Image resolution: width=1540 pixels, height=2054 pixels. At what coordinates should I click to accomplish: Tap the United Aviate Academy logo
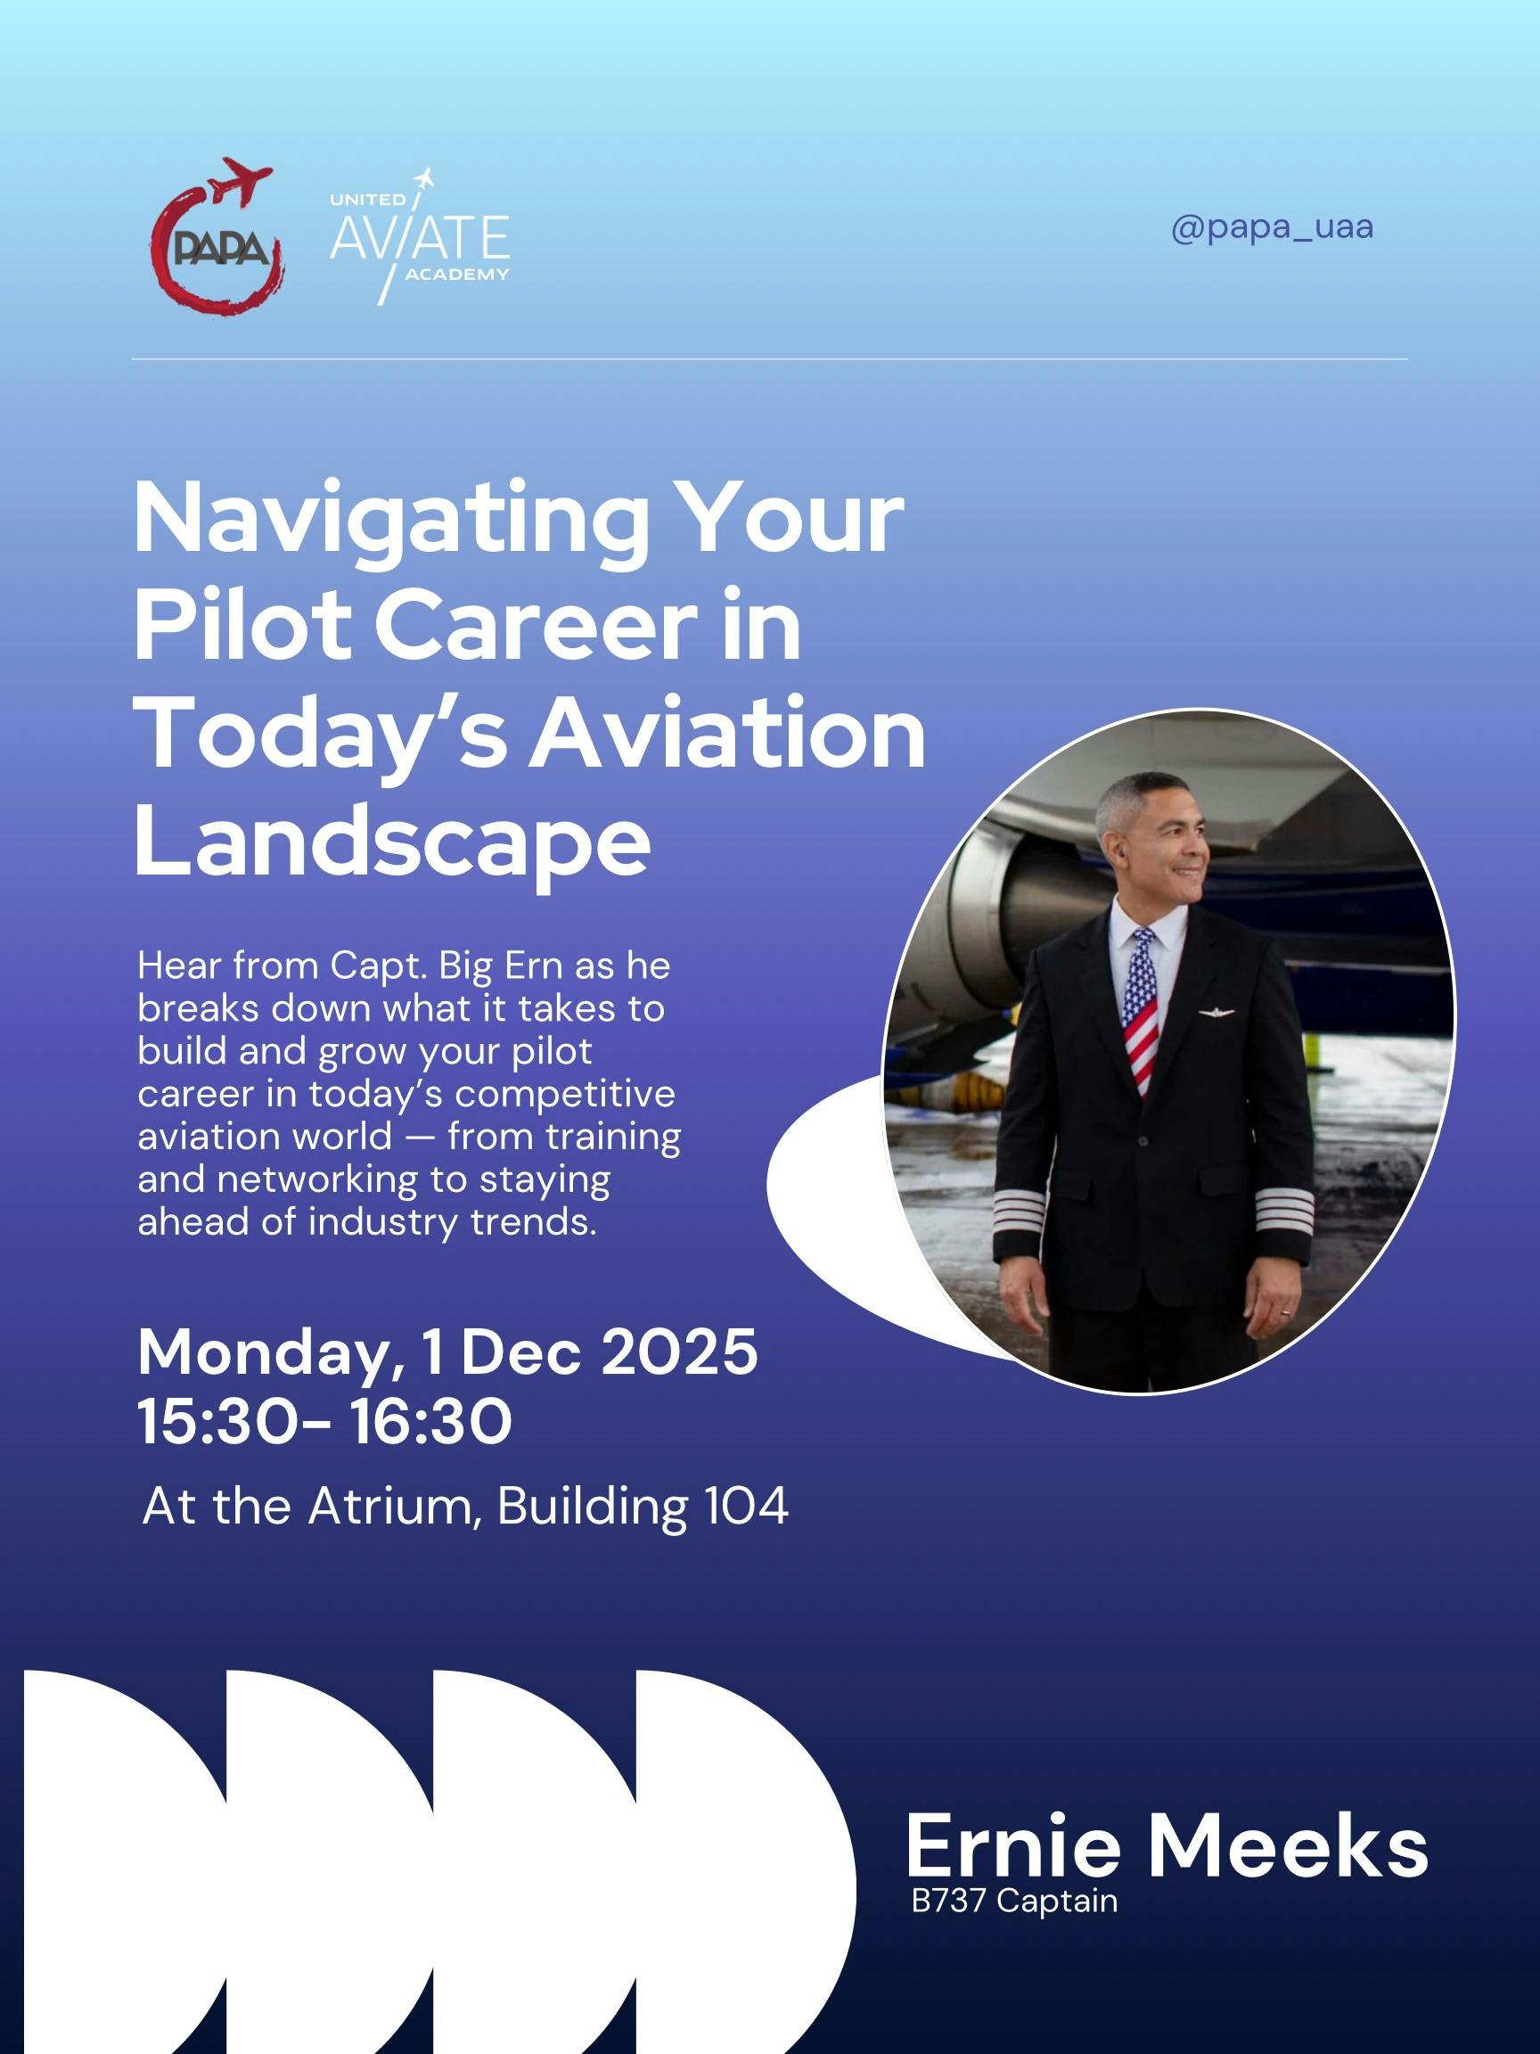click(420, 238)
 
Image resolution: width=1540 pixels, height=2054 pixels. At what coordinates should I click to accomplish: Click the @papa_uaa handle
click(1271, 227)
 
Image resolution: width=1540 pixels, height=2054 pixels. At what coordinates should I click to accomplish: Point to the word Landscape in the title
click(392, 841)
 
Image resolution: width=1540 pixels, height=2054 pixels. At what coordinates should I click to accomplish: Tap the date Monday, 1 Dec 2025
click(447, 1352)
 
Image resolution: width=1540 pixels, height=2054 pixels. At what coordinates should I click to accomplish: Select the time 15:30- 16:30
click(324, 1421)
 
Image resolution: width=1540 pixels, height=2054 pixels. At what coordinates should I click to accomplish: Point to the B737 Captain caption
click(1013, 1901)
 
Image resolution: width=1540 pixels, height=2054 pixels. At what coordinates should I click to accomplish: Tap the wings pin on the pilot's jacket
click(1215, 1012)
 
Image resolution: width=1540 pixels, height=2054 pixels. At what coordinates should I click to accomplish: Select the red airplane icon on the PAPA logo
click(241, 180)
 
